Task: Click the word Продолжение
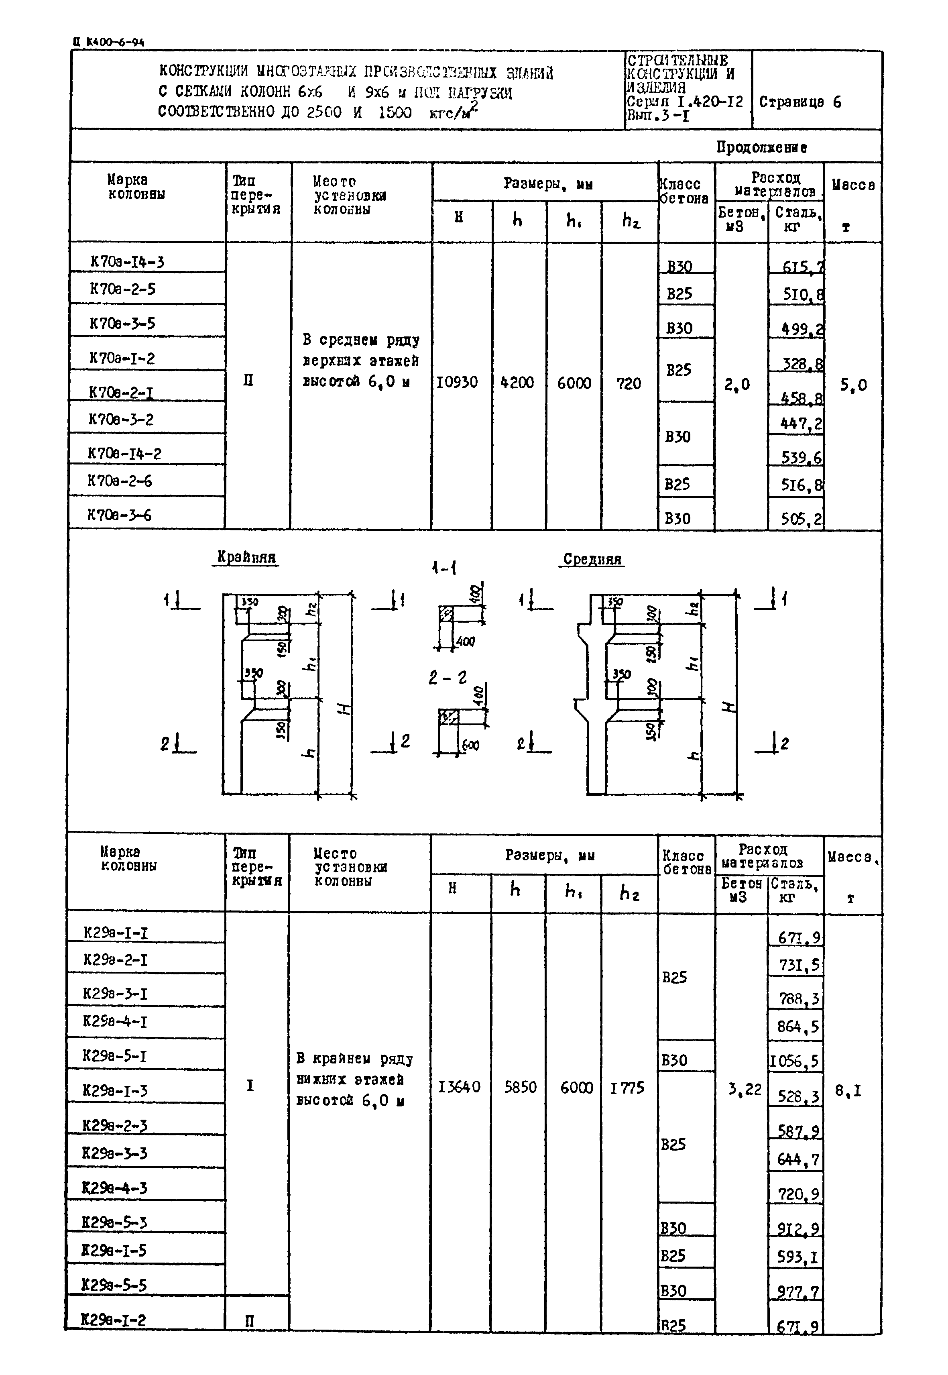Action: (x=761, y=147)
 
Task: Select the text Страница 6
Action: (x=799, y=102)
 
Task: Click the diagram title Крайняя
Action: (x=246, y=557)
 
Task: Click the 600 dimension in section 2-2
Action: (x=470, y=745)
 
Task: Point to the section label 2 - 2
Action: (x=447, y=677)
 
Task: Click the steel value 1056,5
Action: (x=794, y=1061)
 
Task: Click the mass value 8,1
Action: (x=848, y=1090)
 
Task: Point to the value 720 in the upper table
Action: (x=629, y=383)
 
